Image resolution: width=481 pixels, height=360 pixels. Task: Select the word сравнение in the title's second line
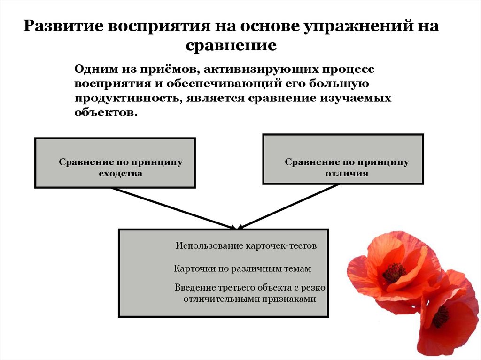coord(230,46)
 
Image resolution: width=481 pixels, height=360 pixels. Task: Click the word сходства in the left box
coord(120,173)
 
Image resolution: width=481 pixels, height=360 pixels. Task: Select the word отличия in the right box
coord(347,173)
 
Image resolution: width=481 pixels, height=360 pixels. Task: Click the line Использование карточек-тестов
coord(246,245)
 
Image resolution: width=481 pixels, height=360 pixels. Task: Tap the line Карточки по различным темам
coord(242,269)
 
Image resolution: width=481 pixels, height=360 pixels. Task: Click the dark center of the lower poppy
coord(440,317)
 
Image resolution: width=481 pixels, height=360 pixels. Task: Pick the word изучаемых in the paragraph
coord(361,98)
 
